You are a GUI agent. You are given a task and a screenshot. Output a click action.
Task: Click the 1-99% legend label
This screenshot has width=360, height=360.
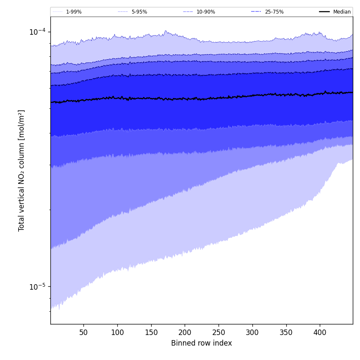74,12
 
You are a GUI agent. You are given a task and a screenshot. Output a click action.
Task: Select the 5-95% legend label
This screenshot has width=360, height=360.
139,12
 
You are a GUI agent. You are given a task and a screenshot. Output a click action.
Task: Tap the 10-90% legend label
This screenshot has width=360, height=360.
205,12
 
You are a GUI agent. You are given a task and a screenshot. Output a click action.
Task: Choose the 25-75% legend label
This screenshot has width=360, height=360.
274,12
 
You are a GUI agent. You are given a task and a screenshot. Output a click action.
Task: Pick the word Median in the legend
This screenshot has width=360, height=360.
342,12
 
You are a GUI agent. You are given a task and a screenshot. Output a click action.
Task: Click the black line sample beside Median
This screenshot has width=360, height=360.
324,12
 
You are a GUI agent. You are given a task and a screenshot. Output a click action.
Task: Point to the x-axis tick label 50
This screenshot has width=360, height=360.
83,332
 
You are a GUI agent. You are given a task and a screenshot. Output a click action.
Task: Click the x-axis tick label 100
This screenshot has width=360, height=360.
117,332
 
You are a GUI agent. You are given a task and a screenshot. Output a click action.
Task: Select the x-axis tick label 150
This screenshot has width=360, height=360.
151,332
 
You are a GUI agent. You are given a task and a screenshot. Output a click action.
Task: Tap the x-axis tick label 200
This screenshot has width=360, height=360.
185,332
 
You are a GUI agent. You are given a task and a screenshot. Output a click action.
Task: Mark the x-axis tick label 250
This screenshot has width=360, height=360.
219,332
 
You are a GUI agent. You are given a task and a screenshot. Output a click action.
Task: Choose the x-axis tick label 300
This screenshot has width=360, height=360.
252,332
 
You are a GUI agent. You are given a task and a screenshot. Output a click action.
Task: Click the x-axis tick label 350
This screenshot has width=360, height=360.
286,332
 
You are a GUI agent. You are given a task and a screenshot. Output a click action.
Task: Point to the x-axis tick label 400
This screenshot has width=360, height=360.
320,332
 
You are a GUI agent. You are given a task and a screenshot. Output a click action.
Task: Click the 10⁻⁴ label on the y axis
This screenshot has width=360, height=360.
37,32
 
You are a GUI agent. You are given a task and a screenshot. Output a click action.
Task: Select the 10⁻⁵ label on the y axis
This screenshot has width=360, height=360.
37,287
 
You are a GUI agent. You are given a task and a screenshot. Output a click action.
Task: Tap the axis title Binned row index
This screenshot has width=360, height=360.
202,343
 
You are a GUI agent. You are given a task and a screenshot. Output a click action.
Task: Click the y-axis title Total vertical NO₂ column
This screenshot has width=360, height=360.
22,170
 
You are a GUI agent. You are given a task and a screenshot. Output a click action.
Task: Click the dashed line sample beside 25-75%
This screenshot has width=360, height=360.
256,12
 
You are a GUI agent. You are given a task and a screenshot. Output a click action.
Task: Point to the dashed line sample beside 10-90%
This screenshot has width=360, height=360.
188,12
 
